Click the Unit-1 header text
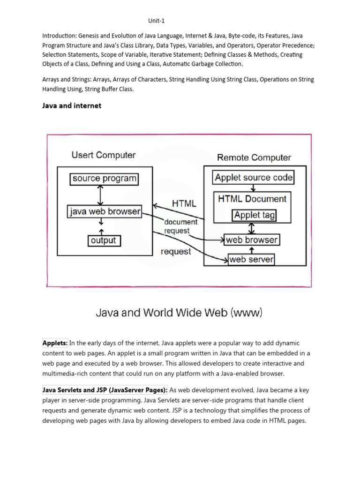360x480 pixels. [x=157, y=21]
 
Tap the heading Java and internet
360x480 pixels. [x=72, y=105]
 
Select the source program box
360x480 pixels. [x=104, y=179]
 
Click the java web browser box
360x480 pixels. [x=105, y=211]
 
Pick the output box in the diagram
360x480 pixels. [x=104, y=240]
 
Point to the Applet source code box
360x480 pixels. [x=254, y=178]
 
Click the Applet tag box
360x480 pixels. [x=255, y=215]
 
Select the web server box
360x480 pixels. [x=251, y=259]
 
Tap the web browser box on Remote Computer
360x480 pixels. [x=251, y=240]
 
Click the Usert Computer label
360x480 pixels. [x=104, y=155]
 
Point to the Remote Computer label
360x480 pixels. [x=254, y=157]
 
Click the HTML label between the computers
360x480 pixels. [x=184, y=204]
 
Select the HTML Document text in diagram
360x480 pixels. [x=252, y=199]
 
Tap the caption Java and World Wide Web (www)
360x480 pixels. [x=179, y=312]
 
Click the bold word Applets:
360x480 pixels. [x=55, y=343]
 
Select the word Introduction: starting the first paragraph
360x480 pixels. [x=60, y=36]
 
